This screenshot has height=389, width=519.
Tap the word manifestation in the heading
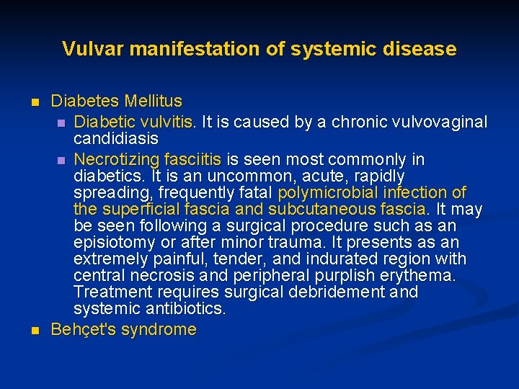point(177,49)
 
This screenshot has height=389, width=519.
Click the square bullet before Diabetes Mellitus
point(34,102)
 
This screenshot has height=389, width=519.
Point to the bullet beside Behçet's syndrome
point(34,331)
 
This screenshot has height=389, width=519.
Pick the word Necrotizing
point(115,158)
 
